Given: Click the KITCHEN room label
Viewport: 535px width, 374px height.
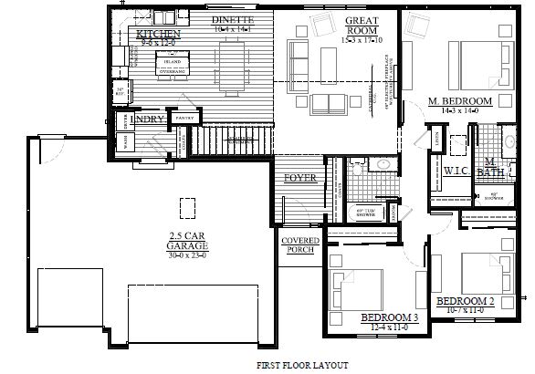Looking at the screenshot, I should [x=159, y=34].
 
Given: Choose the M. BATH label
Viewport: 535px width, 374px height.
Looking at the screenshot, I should [x=490, y=167].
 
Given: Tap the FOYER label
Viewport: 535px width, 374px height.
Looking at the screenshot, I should [x=299, y=177].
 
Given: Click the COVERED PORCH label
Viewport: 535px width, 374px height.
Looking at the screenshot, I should [x=299, y=244].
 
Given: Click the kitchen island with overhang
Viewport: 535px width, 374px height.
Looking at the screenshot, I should [x=175, y=61].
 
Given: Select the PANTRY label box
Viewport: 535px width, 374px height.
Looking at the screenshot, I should [x=185, y=119].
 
